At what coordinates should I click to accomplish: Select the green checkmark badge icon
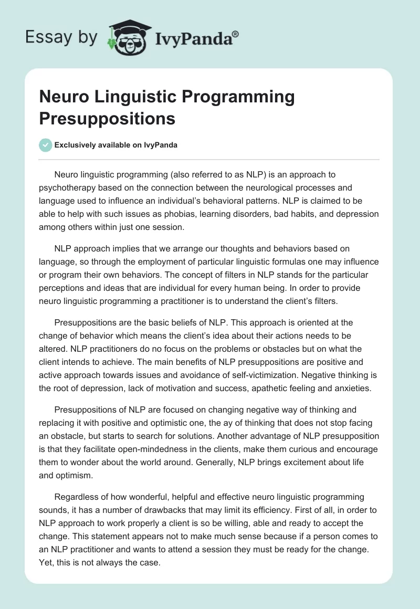coord(46,145)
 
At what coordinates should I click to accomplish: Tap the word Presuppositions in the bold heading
coord(107,118)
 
